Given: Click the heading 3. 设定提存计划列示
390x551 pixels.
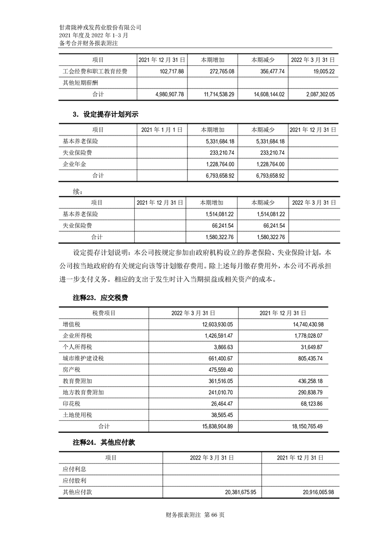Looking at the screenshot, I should pyautogui.click(x=105, y=114).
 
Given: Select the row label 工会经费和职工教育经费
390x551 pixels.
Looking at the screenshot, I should pyautogui.click(x=95, y=72).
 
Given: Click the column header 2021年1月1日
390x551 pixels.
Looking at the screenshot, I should pyautogui.click(x=162, y=130).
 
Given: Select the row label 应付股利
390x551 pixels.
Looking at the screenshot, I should pyautogui.click(x=75, y=480).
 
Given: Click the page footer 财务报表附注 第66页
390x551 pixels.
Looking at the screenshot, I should pyautogui.click(x=195, y=515).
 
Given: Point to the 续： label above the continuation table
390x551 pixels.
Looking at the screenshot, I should pyautogui.click(x=78, y=191).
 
